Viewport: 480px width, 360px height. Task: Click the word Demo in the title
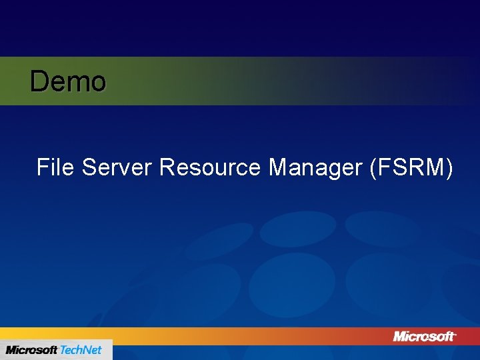(x=68, y=82)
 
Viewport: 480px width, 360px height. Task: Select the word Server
(x=117, y=167)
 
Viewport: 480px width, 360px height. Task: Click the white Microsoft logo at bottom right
(x=425, y=336)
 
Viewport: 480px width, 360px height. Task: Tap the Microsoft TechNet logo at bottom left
(x=55, y=350)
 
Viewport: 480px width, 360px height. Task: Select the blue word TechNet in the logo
(x=81, y=350)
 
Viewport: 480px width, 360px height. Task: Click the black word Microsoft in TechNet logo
(x=31, y=350)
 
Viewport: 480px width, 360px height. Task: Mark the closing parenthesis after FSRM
(x=449, y=167)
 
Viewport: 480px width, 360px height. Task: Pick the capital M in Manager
(x=279, y=167)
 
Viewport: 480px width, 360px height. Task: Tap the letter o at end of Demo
(x=98, y=84)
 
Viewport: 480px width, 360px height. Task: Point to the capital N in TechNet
(x=85, y=350)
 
